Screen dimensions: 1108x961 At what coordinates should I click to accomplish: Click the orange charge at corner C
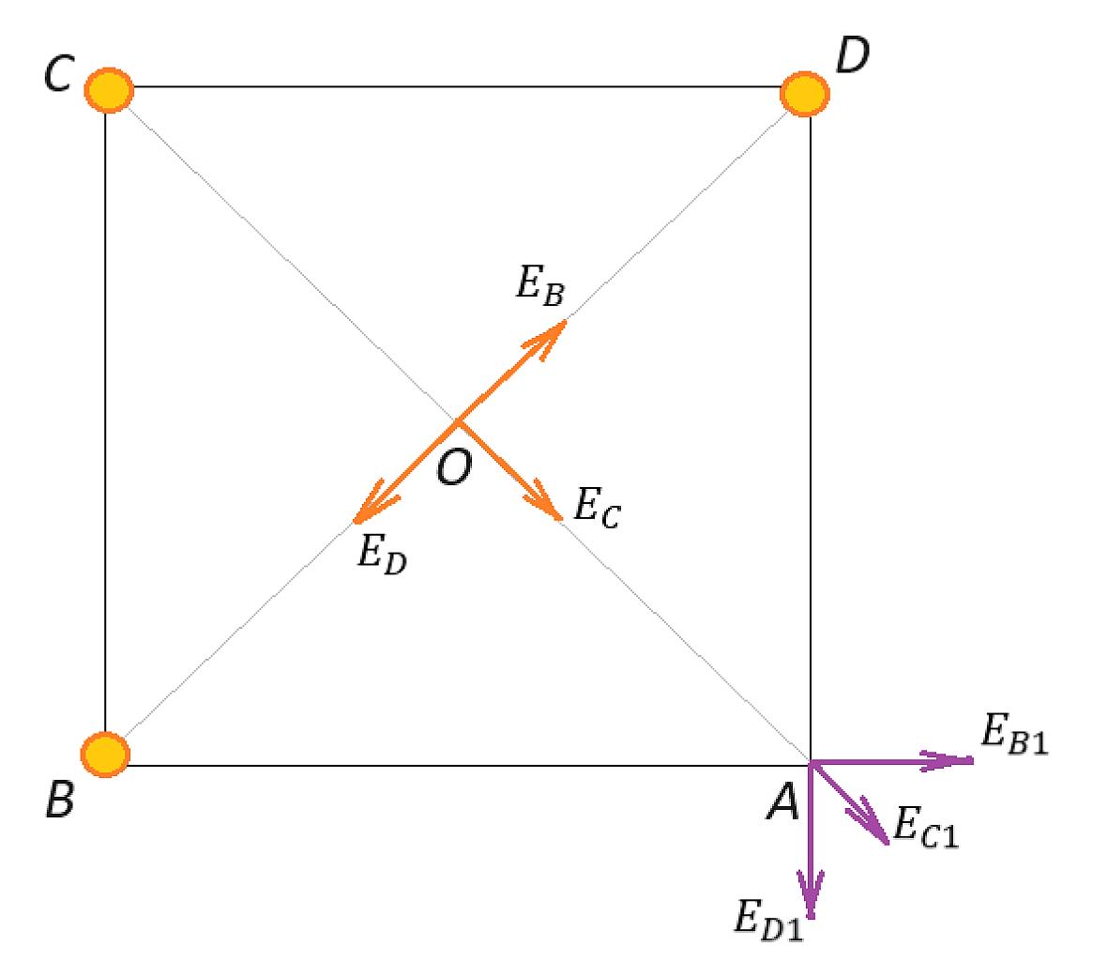[x=109, y=90]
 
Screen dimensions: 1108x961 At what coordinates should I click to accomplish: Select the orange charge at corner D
[x=805, y=93]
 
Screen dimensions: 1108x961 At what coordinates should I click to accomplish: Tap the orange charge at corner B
[x=105, y=755]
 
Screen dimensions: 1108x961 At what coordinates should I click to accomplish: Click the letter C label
[x=58, y=73]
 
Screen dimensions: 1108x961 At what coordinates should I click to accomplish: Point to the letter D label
[x=852, y=55]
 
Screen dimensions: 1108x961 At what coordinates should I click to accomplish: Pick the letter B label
[x=59, y=800]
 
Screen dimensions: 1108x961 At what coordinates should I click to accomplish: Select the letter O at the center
[x=454, y=467]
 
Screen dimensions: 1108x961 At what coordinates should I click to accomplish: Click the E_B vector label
[x=540, y=285]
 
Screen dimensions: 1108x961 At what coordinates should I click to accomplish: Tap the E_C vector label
[x=597, y=508]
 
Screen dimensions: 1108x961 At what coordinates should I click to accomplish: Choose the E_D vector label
[x=382, y=553]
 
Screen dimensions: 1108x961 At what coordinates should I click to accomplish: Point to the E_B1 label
[x=1015, y=734]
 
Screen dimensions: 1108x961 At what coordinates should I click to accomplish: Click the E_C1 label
[x=926, y=827]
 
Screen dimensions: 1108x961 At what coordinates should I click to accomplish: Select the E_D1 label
[x=769, y=920]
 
